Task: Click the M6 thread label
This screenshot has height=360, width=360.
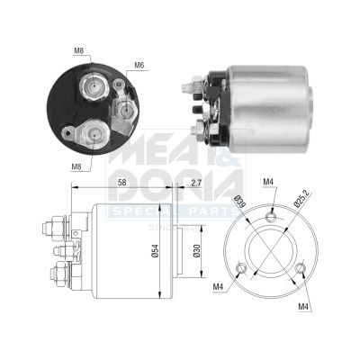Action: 139,64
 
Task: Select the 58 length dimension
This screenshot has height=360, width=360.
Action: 121,183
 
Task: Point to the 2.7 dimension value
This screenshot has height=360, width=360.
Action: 195,183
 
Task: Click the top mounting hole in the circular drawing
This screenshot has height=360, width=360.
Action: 271,214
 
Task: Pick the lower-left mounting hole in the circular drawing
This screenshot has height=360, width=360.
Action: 240,266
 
